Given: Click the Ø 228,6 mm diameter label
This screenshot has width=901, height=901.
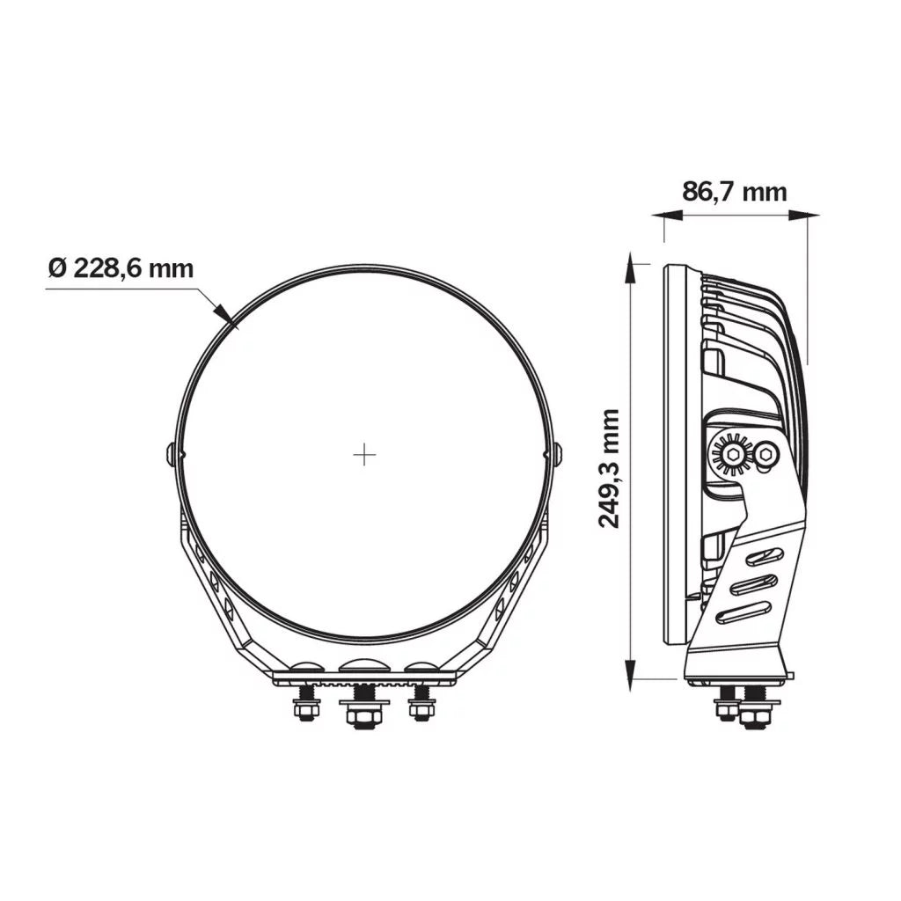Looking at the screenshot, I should (121, 267).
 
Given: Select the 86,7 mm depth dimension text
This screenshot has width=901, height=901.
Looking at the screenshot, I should (734, 191).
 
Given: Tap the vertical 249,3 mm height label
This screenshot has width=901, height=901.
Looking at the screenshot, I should (609, 467).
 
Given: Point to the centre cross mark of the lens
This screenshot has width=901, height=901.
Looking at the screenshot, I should (364, 455).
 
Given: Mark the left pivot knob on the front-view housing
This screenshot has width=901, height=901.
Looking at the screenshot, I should (171, 454).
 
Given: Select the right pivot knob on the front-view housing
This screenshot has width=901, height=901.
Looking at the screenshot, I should (558, 454).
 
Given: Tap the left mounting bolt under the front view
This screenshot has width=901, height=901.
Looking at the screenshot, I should (305, 704).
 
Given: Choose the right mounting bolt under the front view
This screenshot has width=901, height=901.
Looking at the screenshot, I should (421, 704).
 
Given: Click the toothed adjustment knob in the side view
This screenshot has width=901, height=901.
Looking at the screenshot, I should (731, 455).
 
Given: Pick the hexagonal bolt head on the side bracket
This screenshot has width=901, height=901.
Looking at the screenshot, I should (766, 455).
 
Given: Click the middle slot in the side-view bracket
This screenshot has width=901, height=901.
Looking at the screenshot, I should (754, 584).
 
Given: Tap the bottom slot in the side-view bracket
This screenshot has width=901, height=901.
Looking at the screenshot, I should (744, 613).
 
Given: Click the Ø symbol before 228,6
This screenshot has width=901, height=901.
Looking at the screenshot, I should (57, 267).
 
